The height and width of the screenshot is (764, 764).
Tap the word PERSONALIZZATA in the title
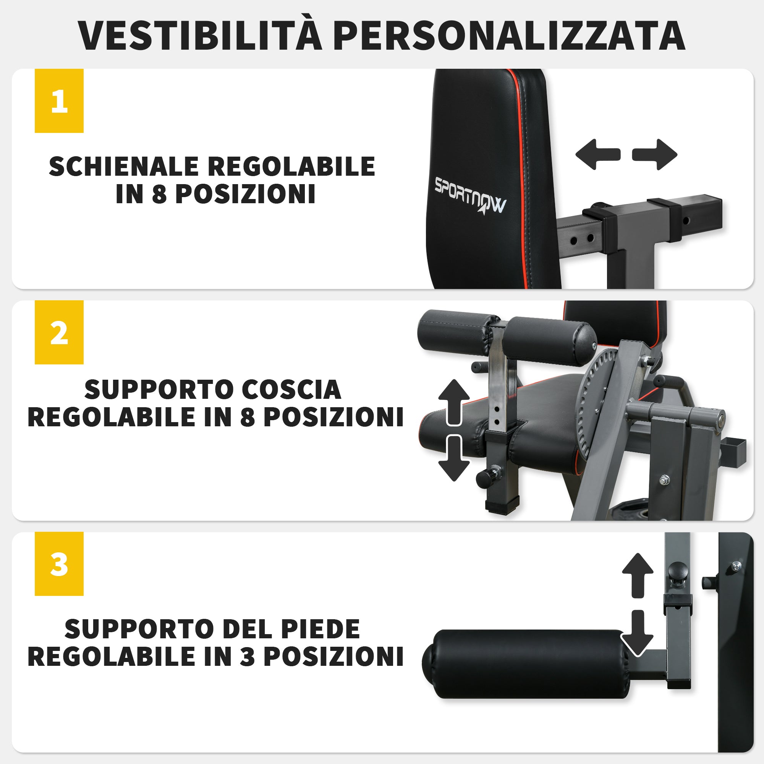coord(510,36)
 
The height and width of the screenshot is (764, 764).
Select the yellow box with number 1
coord(59,101)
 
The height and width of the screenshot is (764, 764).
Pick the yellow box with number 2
coord(59,332)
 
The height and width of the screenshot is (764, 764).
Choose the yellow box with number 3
coord(59,563)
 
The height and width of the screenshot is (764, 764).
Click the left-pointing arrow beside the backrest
coord(597,154)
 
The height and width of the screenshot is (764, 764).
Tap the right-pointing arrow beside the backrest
coord(655,154)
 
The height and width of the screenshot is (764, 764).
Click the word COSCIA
coord(291,390)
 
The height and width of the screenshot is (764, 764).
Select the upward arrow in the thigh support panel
coord(454,401)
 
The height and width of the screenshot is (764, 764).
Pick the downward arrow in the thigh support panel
coord(454,459)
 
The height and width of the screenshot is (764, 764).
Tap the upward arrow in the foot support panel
coord(638,575)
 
